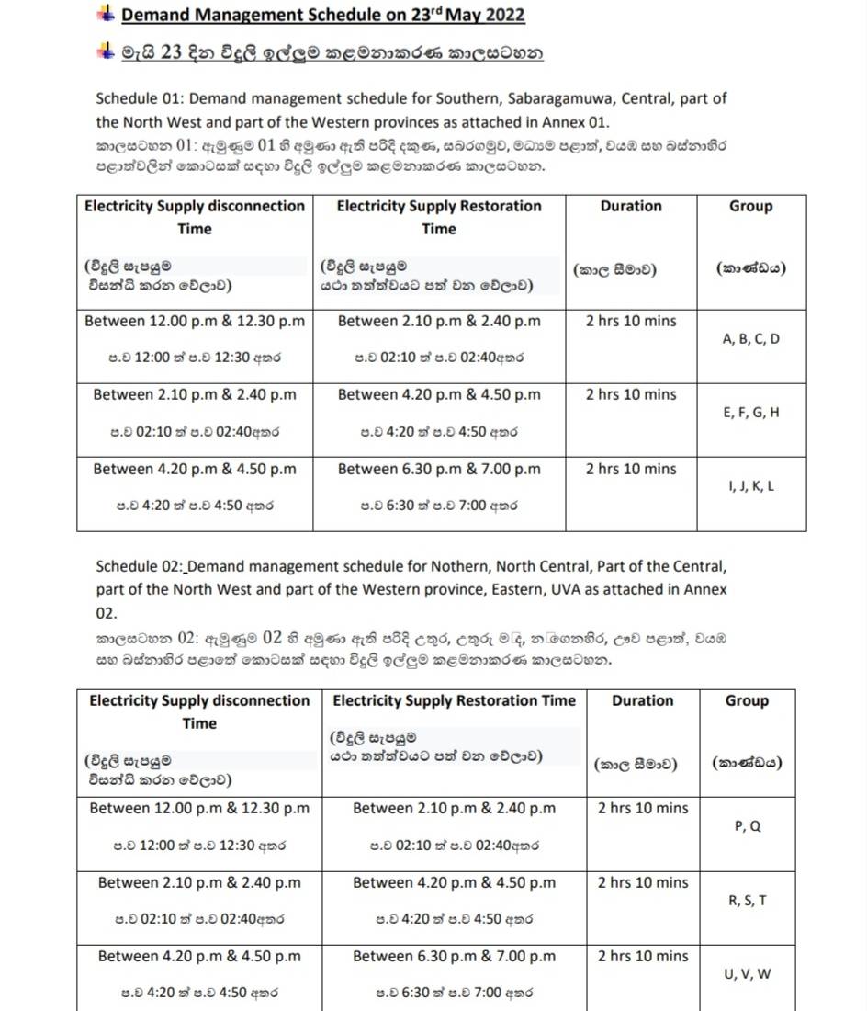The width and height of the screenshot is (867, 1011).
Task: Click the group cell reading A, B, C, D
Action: pos(750,339)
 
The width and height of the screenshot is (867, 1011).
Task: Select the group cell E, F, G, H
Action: pos(750,413)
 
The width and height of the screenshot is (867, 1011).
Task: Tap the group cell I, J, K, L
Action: pos(750,486)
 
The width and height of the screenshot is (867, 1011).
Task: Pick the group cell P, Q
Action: pos(747,826)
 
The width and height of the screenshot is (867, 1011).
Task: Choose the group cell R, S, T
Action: pos(747,901)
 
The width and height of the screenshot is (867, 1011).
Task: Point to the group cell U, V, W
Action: pos(747,974)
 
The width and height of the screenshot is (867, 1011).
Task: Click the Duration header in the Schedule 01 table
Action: pos(630,207)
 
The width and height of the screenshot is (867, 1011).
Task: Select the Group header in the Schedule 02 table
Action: pos(746,700)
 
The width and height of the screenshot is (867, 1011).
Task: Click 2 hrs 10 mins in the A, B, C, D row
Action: pos(630,322)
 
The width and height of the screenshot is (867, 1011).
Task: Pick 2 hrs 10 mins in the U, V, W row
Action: pos(642,957)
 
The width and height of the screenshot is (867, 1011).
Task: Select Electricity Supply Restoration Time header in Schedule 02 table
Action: pos(454,700)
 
